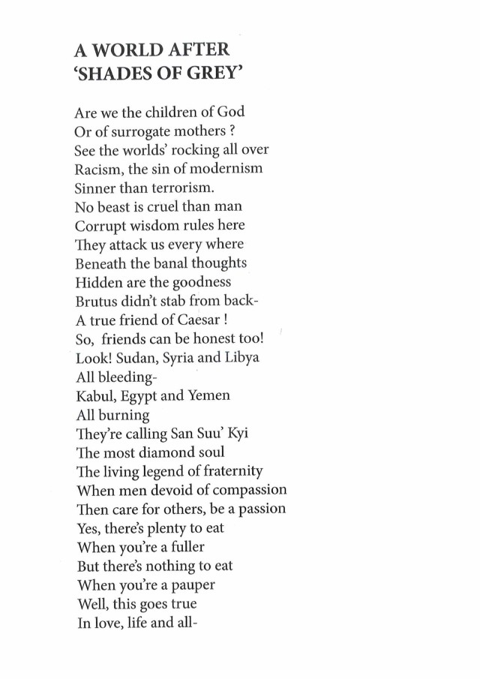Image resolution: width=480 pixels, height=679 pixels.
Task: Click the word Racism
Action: [99, 168]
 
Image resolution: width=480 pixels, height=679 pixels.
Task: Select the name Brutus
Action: [96, 301]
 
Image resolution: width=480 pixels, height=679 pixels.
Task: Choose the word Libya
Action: [241, 358]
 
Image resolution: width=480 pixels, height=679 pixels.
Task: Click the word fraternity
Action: [226, 471]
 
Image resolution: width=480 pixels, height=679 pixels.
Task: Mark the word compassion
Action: [244, 490]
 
